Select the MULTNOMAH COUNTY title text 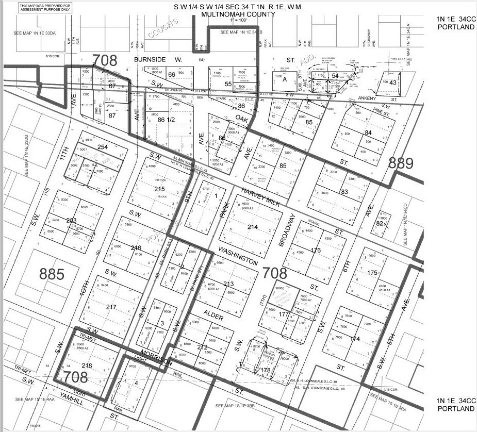coord(238,14)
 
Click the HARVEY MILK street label coord(260,198)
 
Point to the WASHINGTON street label coord(238,256)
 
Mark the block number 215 coord(159,189)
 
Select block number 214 coord(252,227)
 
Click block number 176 coord(316,251)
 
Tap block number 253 coord(71,221)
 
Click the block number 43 coord(393,82)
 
